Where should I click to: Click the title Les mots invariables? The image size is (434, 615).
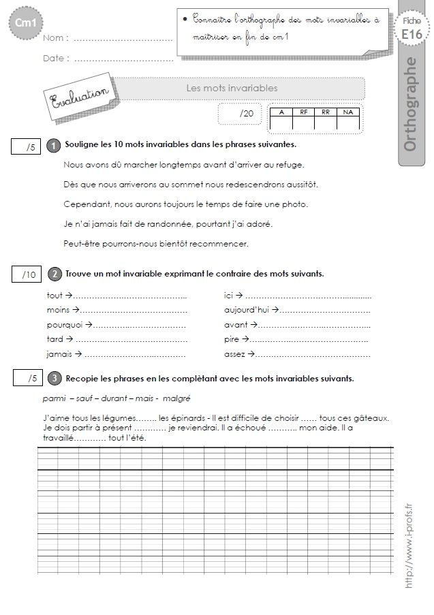coord(232,88)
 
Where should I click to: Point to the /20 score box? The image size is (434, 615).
coord(239,114)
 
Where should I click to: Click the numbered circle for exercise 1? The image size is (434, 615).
coord(53,146)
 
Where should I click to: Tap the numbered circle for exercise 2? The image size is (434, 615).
coord(54,274)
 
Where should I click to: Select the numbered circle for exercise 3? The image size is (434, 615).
coord(54,378)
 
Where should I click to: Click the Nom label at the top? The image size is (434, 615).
coord(54,40)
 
